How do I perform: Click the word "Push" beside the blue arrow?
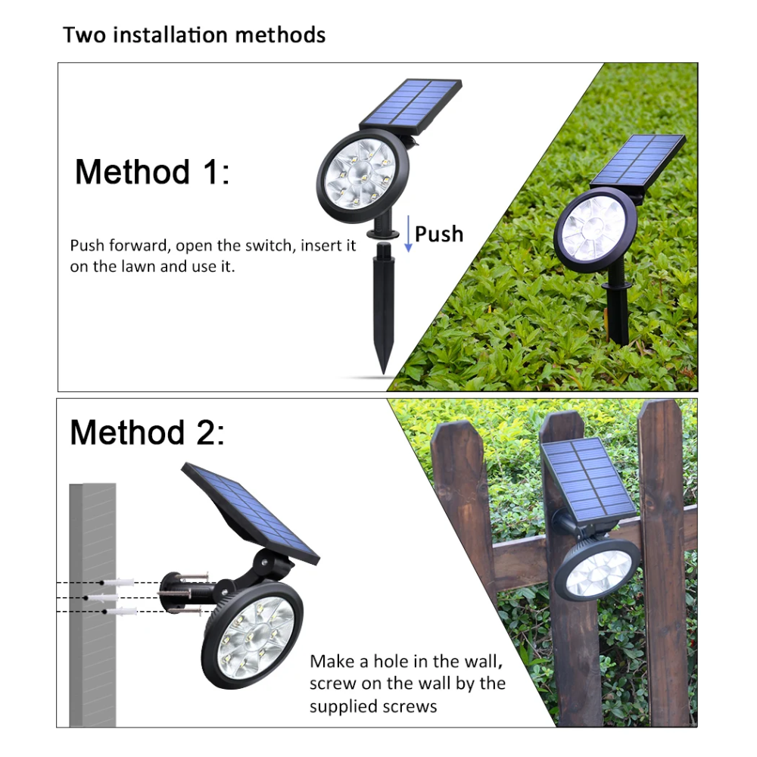pos(439,234)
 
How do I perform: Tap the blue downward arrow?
pos(408,234)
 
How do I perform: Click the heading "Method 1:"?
pos(152,172)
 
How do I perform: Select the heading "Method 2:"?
pos(148,432)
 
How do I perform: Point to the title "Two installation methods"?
pos(194,36)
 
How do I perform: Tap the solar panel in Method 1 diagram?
pos(411,106)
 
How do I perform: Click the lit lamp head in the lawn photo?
pos(595,229)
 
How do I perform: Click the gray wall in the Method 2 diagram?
pos(92,604)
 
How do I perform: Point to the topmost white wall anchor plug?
pos(118,583)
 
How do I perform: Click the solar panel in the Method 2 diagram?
pos(251,512)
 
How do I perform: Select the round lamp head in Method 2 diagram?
pos(253,636)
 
